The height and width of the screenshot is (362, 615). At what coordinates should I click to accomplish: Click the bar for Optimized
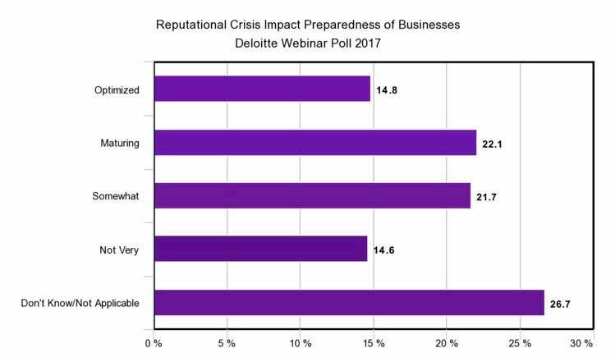(x=261, y=89)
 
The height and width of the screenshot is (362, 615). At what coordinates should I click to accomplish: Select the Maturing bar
(x=314, y=142)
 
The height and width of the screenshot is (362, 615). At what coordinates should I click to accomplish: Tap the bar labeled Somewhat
(x=311, y=195)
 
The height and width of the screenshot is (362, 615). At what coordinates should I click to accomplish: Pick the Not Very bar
(x=259, y=249)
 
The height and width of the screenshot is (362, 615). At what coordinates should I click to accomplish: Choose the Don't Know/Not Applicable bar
(x=348, y=302)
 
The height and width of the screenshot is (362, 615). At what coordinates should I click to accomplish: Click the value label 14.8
(x=388, y=89)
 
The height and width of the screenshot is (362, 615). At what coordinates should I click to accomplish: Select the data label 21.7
(x=488, y=196)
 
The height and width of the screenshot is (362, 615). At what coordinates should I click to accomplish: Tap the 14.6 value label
(x=384, y=250)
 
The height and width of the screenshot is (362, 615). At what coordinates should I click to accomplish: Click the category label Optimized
(x=116, y=89)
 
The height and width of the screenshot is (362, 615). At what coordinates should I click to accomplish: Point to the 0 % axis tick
(x=154, y=341)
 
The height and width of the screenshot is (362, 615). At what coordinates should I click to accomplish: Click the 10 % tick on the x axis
(x=300, y=341)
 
